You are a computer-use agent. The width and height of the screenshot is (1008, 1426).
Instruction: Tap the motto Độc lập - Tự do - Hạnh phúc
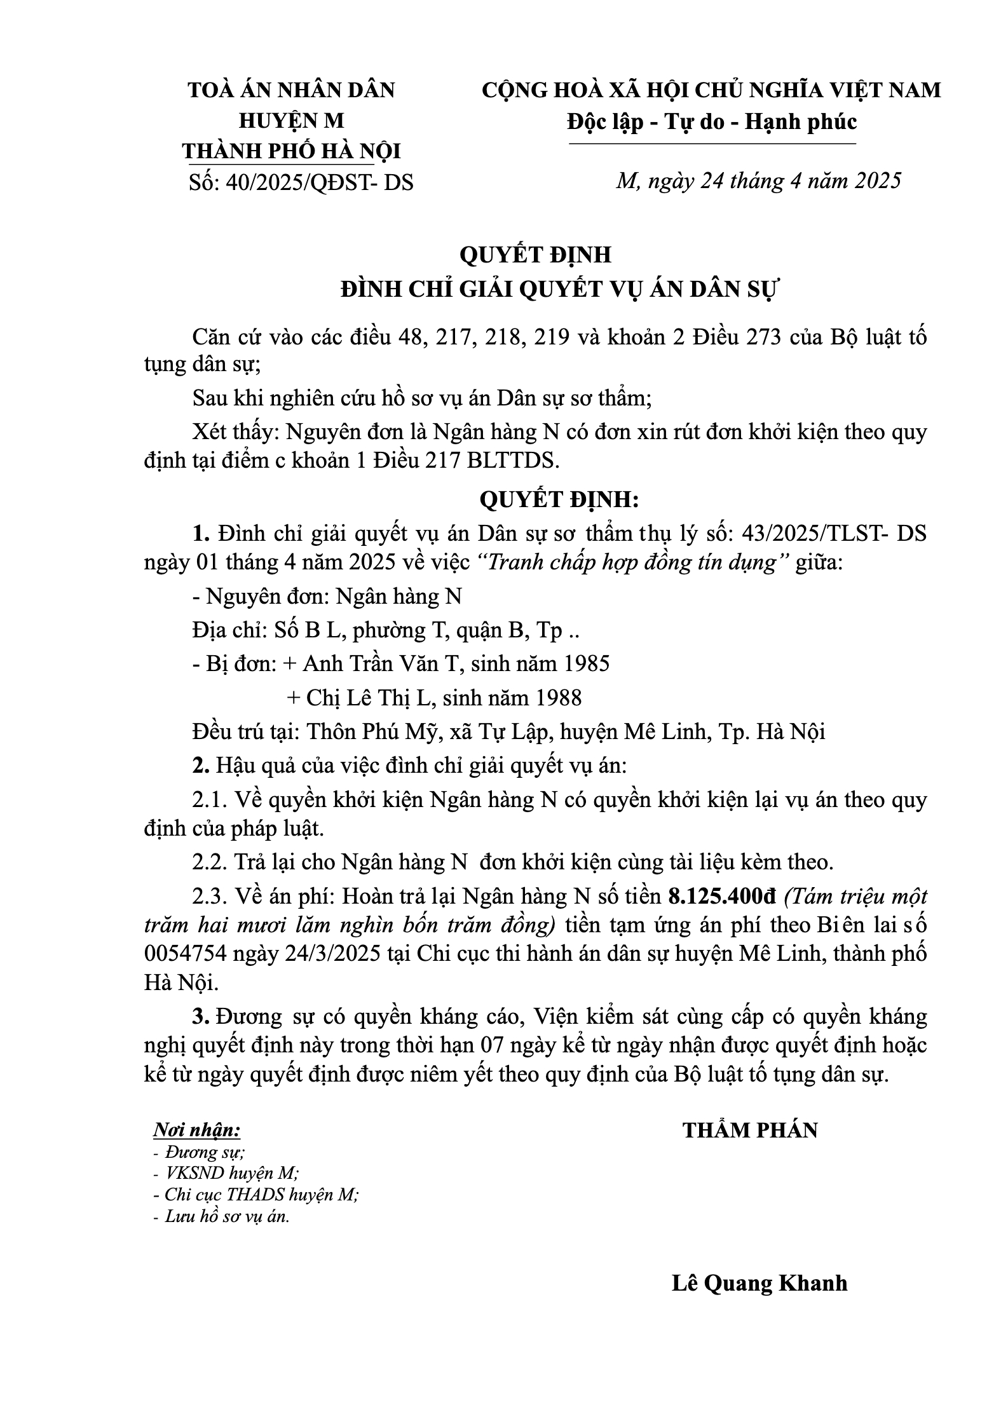pyautogui.click(x=712, y=121)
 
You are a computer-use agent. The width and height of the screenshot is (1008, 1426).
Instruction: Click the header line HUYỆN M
pyautogui.click(x=291, y=121)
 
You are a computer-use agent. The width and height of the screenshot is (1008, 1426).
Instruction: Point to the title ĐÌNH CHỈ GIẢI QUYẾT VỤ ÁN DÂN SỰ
pyautogui.click(x=560, y=290)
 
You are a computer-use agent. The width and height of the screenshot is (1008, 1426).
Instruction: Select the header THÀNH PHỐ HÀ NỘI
pyautogui.click(x=292, y=152)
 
